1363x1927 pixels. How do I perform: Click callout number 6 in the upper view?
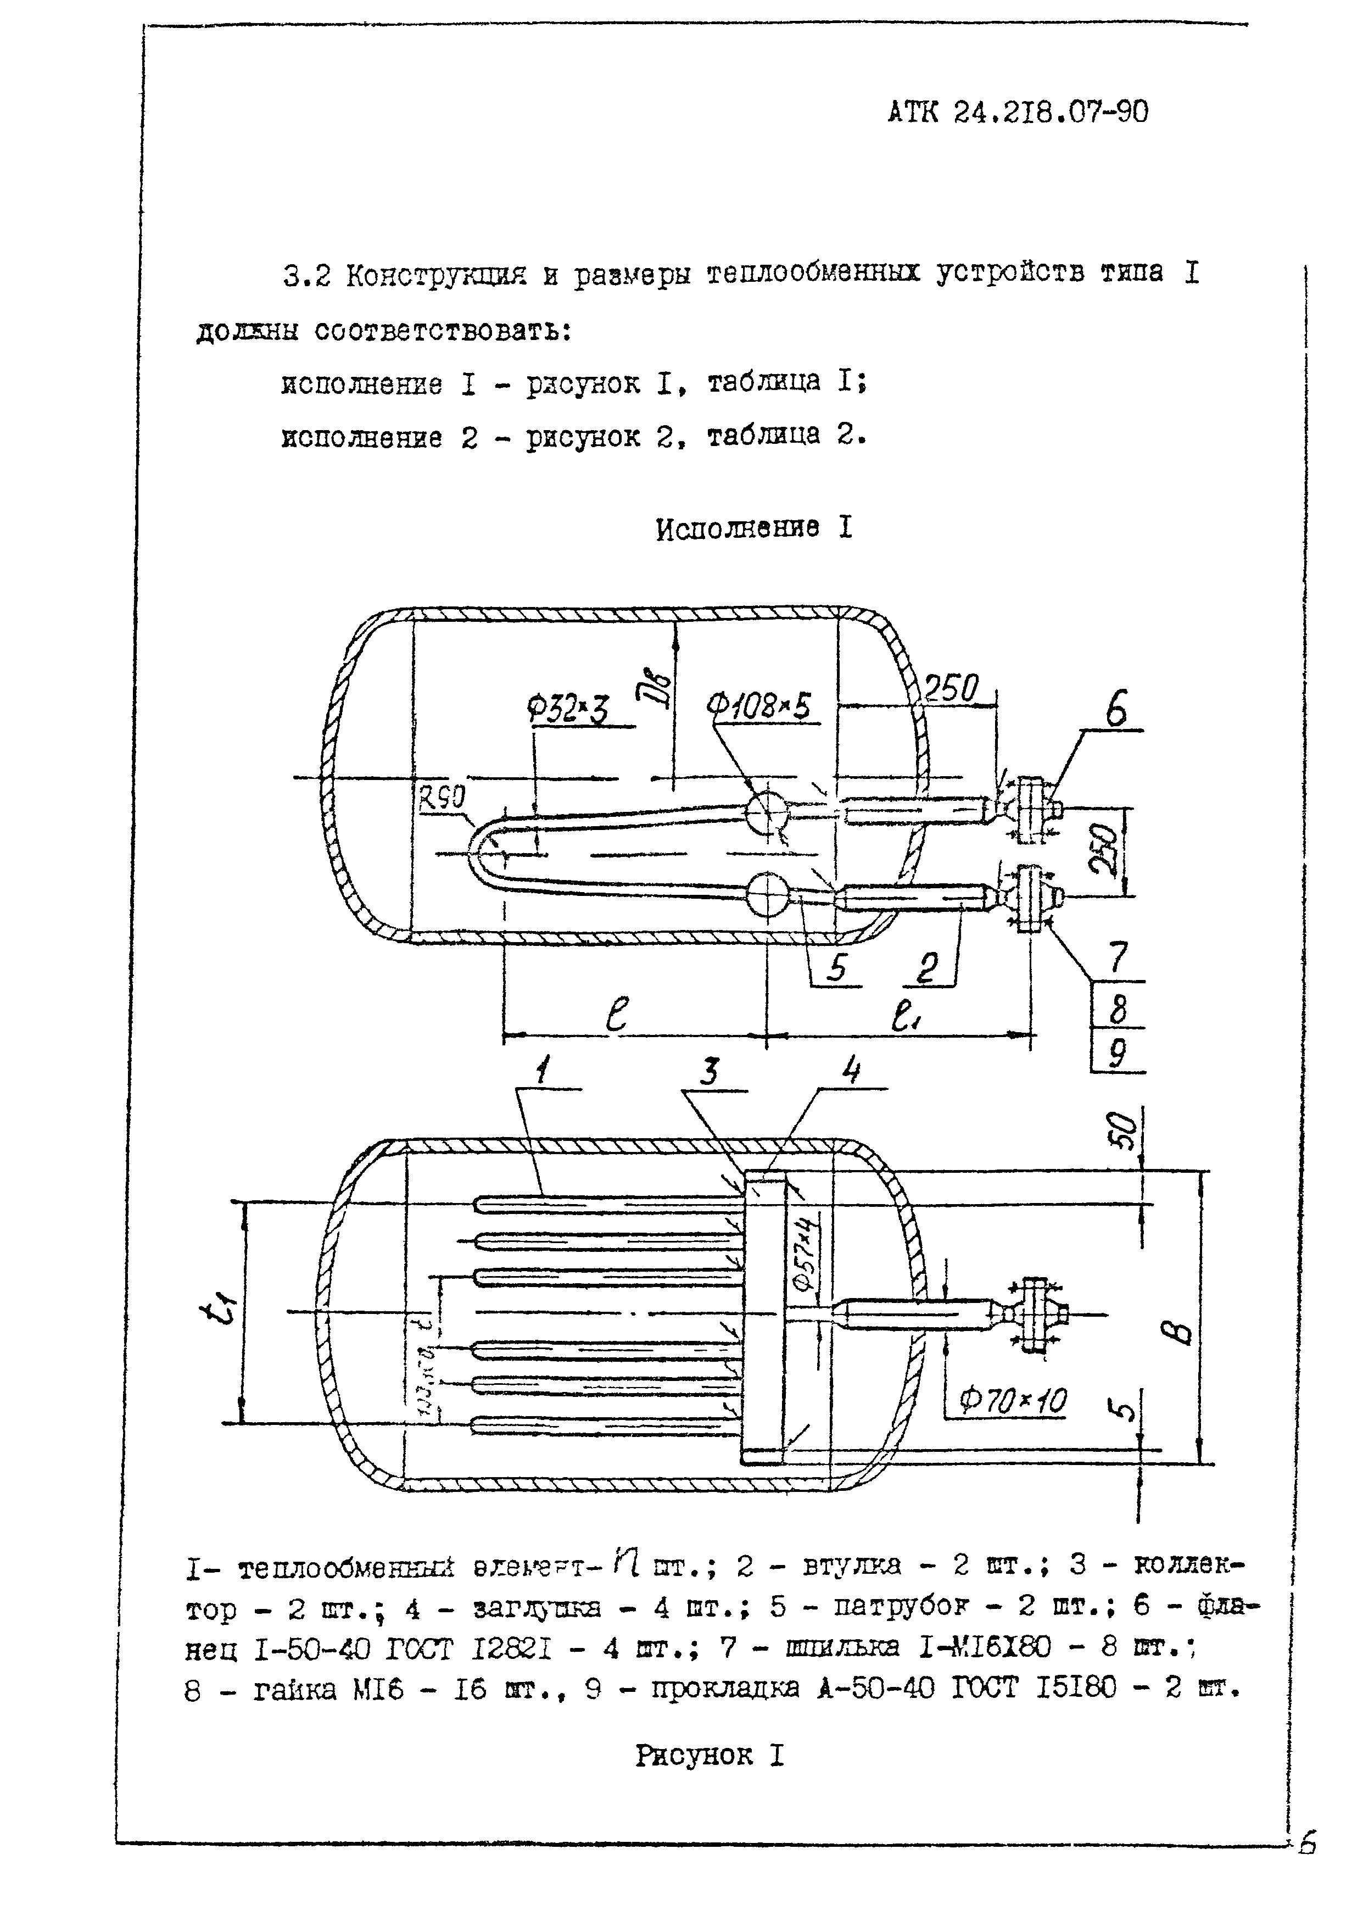coord(1116,711)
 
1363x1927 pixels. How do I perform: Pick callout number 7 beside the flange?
coord(1118,959)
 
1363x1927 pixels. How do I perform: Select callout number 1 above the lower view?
coord(543,1070)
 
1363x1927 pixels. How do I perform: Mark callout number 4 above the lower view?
coord(851,1070)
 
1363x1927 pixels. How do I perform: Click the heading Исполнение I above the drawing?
coord(753,529)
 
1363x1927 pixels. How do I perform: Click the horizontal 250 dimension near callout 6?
coord(951,689)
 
